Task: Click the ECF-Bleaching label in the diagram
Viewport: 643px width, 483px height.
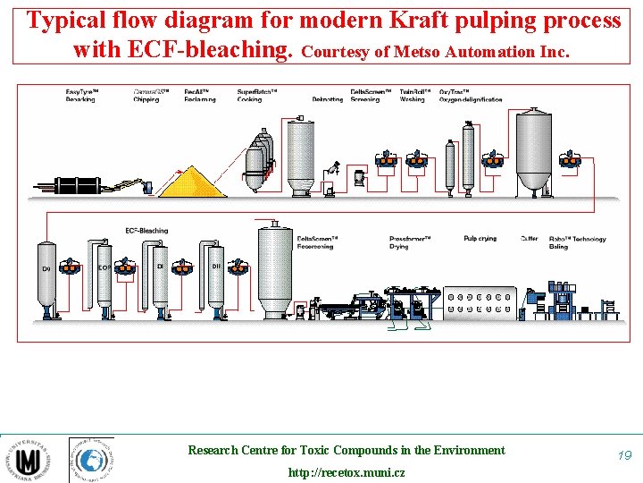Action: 146,231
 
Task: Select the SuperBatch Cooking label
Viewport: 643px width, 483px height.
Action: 256,96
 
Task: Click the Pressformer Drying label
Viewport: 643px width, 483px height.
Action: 410,242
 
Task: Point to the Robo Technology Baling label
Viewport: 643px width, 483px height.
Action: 577,242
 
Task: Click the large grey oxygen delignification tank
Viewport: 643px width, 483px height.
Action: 534,150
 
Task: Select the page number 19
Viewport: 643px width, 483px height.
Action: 623,456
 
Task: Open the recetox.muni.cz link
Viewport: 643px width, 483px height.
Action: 346,472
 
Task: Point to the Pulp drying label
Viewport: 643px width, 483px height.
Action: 480,239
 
